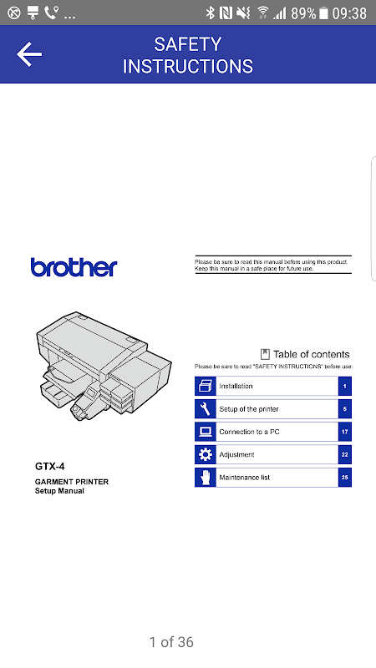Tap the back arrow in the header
point(29,54)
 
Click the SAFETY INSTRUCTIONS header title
point(187,55)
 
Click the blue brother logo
point(74,267)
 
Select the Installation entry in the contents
point(236,386)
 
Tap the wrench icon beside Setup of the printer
point(205,409)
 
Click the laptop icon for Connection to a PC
point(205,432)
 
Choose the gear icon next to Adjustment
point(205,454)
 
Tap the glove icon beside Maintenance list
point(205,477)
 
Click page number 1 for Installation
point(345,387)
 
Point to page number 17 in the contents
point(345,432)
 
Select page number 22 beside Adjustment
point(345,454)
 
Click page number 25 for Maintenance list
point(345,477)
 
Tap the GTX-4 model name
point(50,467)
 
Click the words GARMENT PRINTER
point(72,482)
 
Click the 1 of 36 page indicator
point(171,642)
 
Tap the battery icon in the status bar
point(324,13)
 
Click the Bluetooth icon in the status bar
point(210,13)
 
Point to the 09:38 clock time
point(349,13)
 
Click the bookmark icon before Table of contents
point(265,354)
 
